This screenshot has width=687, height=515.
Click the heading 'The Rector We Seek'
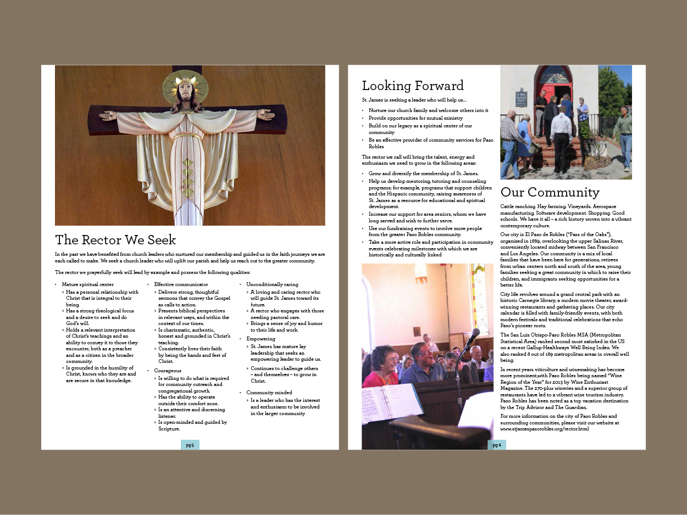pyautogui.click(x=115, y=240)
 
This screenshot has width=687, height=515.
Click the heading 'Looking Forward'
pyautogui.click(x=412, y=86)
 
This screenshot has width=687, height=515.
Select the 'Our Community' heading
pyautogui.click(x=550, y=192)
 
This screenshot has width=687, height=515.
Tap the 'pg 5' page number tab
pyautogui.click(x=190, y=445)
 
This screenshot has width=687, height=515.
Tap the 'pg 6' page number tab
pyautogui.click(x=496, y=445)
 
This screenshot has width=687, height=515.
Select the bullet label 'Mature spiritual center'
pyautogui.click(x=88, y=284)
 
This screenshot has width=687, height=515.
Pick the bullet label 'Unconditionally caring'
pyautogui.click(x=272, y=284)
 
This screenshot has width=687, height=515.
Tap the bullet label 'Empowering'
pyautogui.click(x=261, y=339)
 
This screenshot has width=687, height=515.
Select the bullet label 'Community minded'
pyautogui.click(x=269, y=393)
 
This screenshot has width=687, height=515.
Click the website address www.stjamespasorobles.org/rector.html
pyautogui.click(x=544, y=428)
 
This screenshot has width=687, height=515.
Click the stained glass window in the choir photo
pyautogui.click(x=479, y=299)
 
